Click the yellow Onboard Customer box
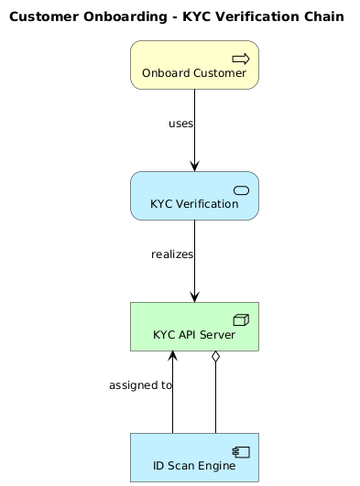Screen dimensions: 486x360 tap(194, 65)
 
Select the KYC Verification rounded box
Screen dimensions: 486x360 tap(194, 196)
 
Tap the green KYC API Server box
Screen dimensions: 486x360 tap(194, 327)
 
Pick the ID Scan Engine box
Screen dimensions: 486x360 tap(194, 457)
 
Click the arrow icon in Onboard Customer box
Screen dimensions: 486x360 tap(241, 59)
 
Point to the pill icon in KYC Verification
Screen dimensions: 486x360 tap(242, 189)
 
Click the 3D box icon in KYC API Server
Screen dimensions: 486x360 tap(242, 319)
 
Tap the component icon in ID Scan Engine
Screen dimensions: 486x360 tap(242, 450)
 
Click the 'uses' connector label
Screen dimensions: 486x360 tap(180, 124)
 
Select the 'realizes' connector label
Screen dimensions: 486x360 tap(172, 254)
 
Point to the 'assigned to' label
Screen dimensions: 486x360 tap(140, 385)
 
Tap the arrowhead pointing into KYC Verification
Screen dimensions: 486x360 tap(194, 165)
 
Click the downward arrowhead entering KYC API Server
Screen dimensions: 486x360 tap(194, 296)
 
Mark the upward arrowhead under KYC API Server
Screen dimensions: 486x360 tap(172, 358)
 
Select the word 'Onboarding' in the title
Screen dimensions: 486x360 tap(114, 16)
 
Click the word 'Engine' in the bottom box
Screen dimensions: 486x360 tap(214, 466)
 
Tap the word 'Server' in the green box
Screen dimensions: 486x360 tap(215, 335)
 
